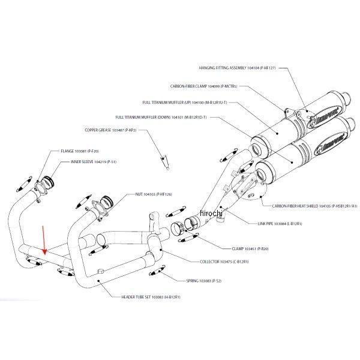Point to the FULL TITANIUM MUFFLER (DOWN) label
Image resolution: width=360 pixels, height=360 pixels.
pyautogui.click(x=161, y=117)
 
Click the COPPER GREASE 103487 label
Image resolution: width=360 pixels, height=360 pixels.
pyautogui.click(x=111, y=130)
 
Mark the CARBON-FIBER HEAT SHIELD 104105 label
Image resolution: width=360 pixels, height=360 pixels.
pyautogui.click(x=314, y=205)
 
